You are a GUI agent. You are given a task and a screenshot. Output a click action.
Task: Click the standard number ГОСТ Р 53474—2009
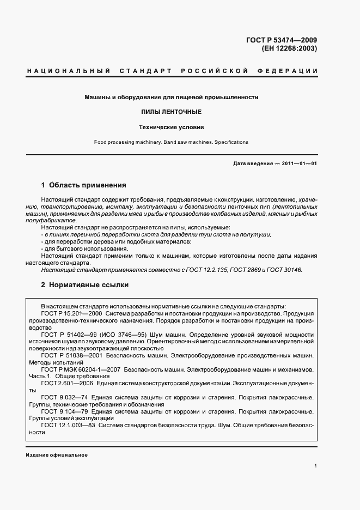[x=281, y=39]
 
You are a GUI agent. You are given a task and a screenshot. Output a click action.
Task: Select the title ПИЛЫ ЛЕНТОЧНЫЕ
[x=171, y=112]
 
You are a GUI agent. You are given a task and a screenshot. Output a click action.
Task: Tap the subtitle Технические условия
[x=171, y=127]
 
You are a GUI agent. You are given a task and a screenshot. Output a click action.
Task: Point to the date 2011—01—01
[x=298, y=164]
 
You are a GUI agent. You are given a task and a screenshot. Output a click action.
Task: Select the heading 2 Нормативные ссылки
[x=85, y=284]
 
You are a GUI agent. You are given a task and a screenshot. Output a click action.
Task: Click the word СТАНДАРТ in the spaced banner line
[x=144, y=71]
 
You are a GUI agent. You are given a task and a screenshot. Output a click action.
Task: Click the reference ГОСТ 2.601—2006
[x=64, y=384]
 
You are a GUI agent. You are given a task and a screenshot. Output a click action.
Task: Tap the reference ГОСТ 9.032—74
[x=62, y=397]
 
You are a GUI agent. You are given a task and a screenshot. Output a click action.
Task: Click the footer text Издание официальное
[x=57, y=454]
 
